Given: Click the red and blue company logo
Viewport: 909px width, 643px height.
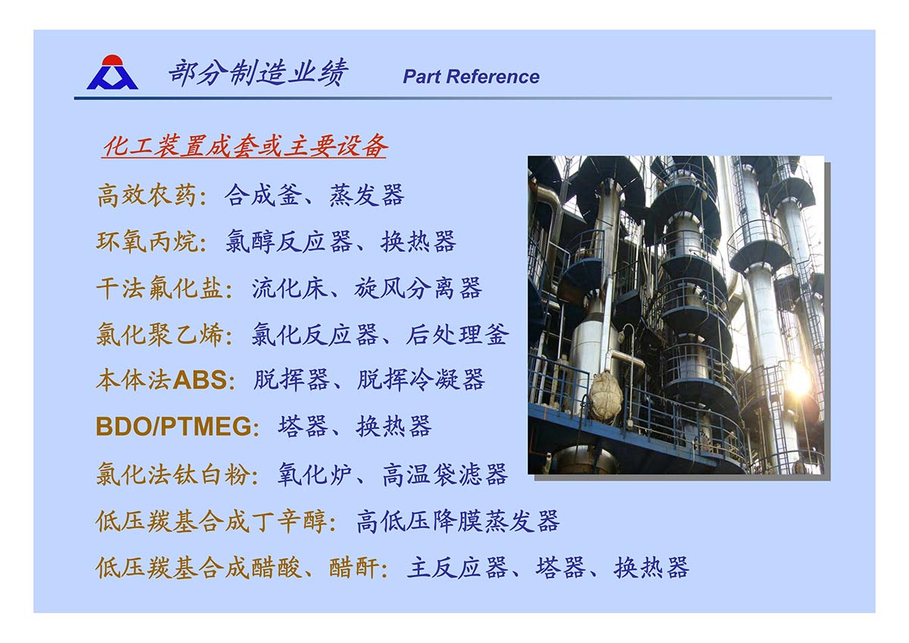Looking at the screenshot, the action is (112, 72).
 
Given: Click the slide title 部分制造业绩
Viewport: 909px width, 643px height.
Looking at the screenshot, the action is (258, 72).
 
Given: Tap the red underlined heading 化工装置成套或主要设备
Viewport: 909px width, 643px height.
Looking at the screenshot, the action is (245, 146).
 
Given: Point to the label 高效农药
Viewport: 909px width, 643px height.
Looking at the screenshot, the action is (147, 196).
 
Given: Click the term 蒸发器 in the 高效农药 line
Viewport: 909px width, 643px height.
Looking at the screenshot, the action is (367, 196).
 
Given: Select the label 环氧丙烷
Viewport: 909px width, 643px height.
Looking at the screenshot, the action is (147, 242).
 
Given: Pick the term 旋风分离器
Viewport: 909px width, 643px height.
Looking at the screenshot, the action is (418, 288).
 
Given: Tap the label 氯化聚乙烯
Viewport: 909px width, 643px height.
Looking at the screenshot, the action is (160, 335).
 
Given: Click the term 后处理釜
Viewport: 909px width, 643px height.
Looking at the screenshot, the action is (457, 335).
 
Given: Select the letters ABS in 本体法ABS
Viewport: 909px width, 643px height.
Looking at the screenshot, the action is (200, 380).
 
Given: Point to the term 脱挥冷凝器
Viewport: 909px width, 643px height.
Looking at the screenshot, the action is (421, 380).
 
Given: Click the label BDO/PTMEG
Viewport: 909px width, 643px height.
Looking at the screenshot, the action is (173, 426).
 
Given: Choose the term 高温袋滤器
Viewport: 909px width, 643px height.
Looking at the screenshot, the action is (445, 474).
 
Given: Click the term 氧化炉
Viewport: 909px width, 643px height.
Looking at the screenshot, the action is (314, 474).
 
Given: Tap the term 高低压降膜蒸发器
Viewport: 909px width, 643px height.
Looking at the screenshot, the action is (458, 521).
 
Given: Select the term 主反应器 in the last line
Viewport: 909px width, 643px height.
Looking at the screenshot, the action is (457, 568).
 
